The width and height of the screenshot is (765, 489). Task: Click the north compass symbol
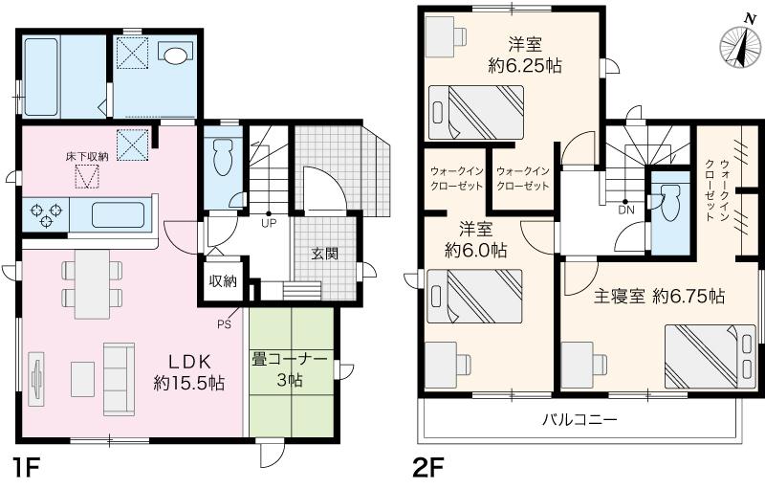tap(740, 44)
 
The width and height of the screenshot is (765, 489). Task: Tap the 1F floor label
tap(26, 470)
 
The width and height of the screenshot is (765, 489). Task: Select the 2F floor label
tap(429, 470)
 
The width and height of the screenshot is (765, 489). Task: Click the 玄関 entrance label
tap(325, 254)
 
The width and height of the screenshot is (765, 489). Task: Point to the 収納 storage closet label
tap(223, 281)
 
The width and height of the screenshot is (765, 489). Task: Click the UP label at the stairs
tap(269, 224)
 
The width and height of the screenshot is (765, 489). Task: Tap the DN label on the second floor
tap(626, 211)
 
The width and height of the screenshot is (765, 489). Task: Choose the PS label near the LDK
tap(225, 323)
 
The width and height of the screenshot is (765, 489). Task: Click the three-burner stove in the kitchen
tap(46, 215)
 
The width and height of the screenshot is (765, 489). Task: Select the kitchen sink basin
tap(118, 214)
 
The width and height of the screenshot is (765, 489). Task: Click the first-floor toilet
tap(224, 157)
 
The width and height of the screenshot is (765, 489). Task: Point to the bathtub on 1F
tap(42, 77)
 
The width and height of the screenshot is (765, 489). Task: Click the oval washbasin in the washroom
tap(176, 56)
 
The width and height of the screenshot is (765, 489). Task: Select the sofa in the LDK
tap(119, 379)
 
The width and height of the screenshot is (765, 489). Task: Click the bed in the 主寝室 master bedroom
tap(710, 357)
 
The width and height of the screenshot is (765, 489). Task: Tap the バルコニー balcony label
tap(580, 419)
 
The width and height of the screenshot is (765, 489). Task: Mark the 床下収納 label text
tap(87, 157)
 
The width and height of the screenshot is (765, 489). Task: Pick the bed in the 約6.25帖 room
tap(475, 113)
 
